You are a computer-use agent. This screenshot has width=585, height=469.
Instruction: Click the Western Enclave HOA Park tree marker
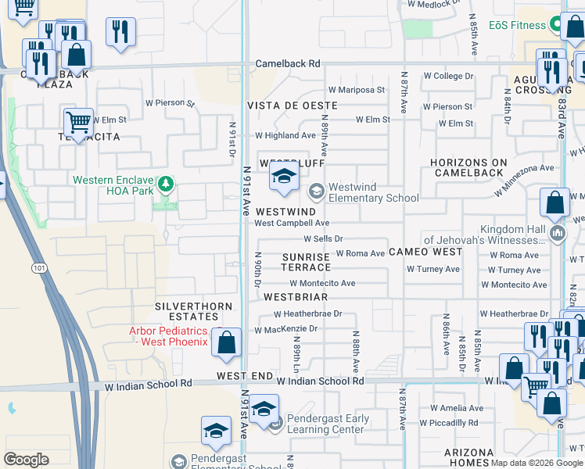click(x=165, y=184)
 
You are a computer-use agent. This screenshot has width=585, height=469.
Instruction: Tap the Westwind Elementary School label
click(x=373, y=192)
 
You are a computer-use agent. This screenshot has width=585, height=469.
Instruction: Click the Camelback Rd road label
click(x=288, y=63)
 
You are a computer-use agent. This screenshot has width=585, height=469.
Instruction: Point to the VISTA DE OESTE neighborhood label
click(x=292, y=105)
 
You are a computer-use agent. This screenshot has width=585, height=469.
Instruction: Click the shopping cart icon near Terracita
click(x=78, y=122)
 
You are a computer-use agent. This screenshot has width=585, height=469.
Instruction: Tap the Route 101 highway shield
click(x=39, y=268)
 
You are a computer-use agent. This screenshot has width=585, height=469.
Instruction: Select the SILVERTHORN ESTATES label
click(x=186, y=311)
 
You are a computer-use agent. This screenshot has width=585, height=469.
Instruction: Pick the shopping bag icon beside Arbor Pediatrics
click(x=226, y=342)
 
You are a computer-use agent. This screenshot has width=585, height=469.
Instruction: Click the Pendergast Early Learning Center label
click(x=327, y=424)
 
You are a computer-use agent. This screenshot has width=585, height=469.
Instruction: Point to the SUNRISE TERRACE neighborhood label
click(x=306, y=262)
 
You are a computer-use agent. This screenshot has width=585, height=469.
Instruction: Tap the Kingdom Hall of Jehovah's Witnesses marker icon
click(x=557, y=233)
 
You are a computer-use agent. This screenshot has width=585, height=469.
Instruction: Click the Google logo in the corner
click(x=26, y=460)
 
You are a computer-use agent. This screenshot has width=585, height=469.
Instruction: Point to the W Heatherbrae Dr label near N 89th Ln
click(x=307, y=313)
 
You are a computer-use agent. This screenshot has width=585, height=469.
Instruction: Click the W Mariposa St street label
click(x=356, y=90)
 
